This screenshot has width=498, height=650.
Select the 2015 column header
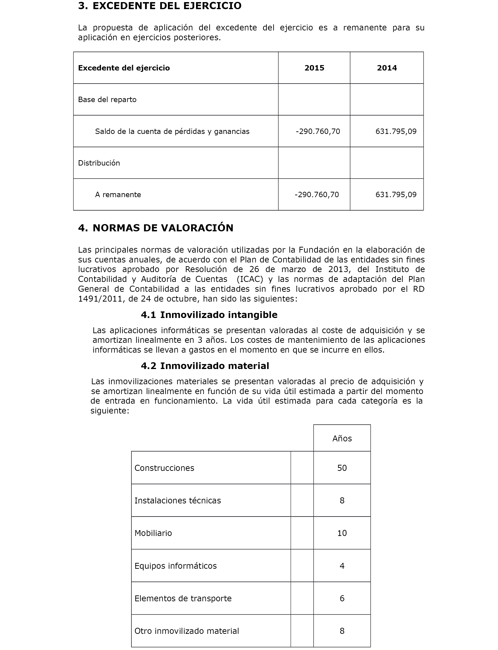tap(314, 68)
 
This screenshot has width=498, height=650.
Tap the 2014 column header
tap(387, 68)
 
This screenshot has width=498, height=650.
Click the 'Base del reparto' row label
tap(107, 100)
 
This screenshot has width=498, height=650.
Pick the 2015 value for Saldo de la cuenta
tap(318, 131)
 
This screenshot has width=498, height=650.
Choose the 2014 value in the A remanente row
tap(396, 195)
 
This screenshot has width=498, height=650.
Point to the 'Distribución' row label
tap(99, 163)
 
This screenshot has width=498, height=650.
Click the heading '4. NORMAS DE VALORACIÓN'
tap(156, 228)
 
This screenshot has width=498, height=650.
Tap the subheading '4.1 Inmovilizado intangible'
tap(209, 315)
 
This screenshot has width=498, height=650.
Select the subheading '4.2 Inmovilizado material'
tap(205, 366)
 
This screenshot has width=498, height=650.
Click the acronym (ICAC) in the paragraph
tap(250, 279)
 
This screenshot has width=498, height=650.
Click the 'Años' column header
tap(342, 439)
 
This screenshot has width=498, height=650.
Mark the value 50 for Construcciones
tap(342, 468)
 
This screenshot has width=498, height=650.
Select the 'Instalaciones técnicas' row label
tap(178, 500)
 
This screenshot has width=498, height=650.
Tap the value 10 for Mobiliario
tap(342, 533)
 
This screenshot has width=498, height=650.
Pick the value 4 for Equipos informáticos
tap(342, 566)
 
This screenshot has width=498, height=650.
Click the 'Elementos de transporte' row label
tap(183, 598)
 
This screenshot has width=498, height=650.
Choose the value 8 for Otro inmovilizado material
tap(342, 631)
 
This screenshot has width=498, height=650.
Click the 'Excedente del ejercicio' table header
tap(124, 68)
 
